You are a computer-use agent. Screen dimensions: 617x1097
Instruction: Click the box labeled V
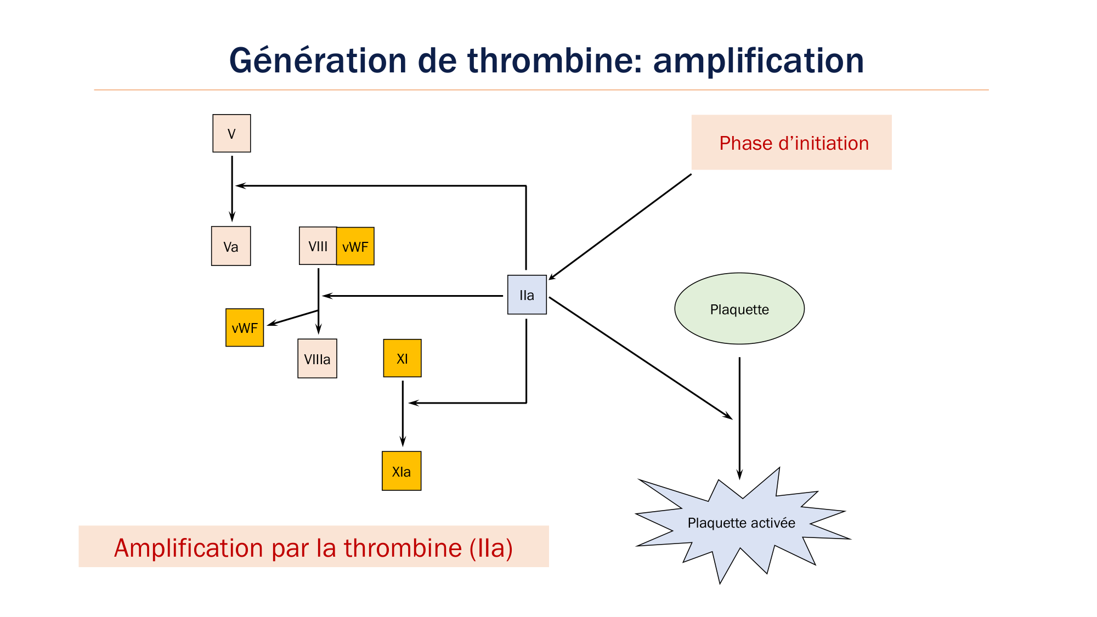click(231, 133)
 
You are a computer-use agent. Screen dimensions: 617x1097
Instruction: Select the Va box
click(231, 246)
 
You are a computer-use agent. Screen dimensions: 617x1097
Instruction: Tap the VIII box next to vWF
click(318, 246)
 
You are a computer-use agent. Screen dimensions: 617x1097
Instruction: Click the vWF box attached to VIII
click(355, 246)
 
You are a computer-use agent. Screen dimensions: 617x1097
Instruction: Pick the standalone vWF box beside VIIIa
click(245, 327)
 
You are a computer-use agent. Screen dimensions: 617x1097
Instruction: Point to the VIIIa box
click(317, 359)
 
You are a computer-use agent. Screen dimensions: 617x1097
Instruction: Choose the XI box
click(402, 358)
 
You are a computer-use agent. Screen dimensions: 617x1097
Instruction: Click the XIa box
click(402, 471)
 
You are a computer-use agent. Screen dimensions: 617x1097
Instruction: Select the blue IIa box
click(527, 295)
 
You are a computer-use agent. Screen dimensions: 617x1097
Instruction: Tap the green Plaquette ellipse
click(739, 309)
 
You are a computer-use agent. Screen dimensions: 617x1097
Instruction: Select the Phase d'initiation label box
click(791, 143)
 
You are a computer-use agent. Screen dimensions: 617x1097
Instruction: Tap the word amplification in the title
click(758, 60)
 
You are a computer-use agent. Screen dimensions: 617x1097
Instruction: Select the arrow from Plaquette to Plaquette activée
click(739, 417)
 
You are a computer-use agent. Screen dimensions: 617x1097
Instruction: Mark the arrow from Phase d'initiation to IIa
click(620, 227)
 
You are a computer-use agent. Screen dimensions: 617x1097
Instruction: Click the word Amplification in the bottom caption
click(186, 548)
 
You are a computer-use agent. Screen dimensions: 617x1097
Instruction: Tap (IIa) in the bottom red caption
click(491, 548)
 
